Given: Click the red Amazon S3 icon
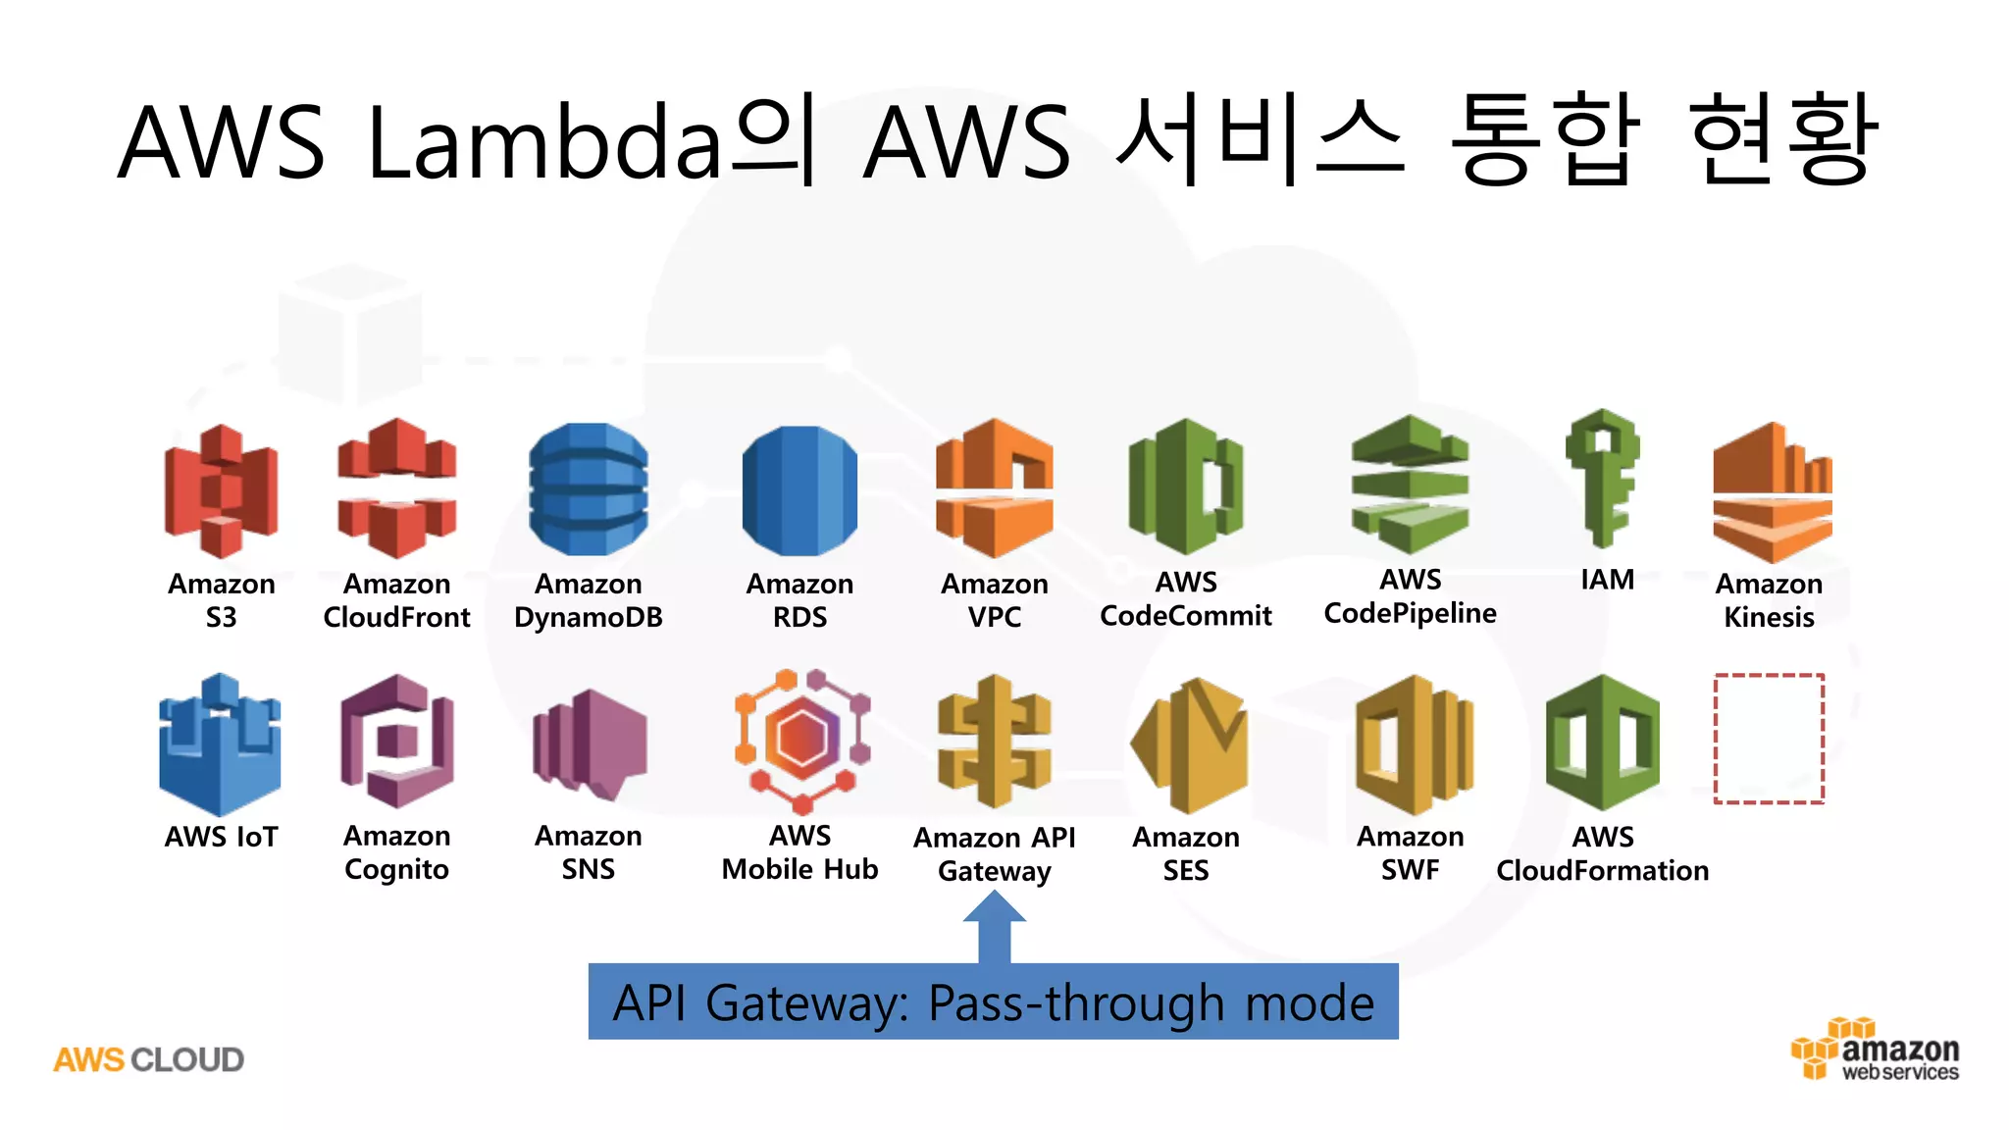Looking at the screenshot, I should (221, 490).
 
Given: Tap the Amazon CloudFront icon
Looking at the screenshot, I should (396, 488).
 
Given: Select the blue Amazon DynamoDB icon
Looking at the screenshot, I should (588, 488).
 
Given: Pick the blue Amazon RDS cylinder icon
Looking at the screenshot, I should (799, 490).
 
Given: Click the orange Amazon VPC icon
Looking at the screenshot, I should (994, 488).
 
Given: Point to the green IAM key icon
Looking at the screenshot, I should (1602, 478).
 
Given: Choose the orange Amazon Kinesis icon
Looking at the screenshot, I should (1772, 492).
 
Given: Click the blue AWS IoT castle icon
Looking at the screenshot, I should (220, 745).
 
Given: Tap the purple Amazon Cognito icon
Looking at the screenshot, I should (396, 741).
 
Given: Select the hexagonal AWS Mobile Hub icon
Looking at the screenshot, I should (802, 742).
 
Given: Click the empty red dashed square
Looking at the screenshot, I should (1769, 739).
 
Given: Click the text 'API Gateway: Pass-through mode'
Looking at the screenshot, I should (993, 1002).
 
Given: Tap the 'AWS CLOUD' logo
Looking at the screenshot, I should (148, 1059).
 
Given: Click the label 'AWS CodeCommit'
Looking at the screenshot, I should (1185, 598).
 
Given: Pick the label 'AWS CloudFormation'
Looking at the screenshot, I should (1602, 853).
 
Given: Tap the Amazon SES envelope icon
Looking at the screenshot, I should (1189, 745).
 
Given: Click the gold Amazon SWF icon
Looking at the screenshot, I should (1413, 745).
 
